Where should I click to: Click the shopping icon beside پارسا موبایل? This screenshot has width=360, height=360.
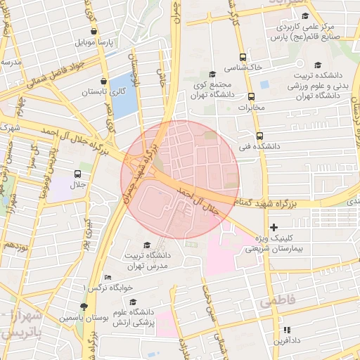95,32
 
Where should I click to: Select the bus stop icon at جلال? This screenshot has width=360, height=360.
78,173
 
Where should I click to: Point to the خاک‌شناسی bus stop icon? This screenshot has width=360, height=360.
243,57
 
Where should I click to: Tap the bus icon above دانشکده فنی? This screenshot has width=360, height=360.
260,136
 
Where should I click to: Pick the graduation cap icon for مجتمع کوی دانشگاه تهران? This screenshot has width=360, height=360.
212,75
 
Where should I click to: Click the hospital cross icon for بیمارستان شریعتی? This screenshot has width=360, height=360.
274,227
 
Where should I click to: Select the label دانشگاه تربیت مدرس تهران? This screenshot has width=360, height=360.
146,261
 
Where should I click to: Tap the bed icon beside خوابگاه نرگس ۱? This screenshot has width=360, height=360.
107,277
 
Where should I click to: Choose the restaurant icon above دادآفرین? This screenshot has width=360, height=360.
286,330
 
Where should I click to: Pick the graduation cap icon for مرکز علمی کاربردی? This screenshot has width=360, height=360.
304,17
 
